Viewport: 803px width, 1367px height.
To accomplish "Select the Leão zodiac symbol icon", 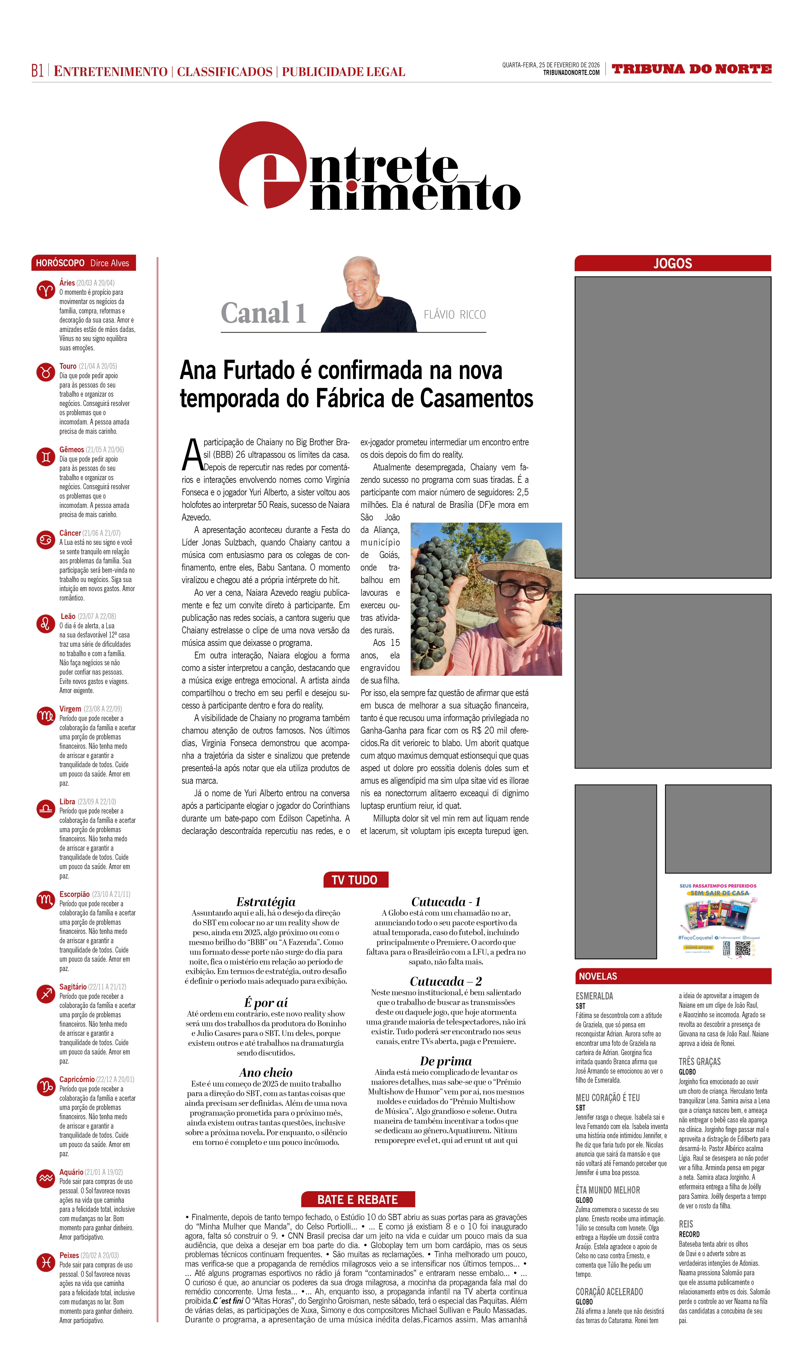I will [x=46, y=624].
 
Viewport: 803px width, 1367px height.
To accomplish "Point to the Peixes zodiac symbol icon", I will [x=46, y=1263].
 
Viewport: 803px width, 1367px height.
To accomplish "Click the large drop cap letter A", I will [x=192, y=455].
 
